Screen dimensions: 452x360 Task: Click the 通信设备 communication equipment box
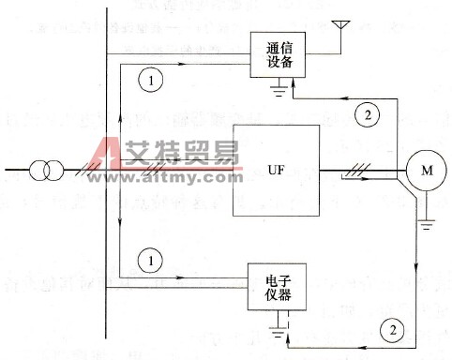pyautogui.click(x=280, y=52)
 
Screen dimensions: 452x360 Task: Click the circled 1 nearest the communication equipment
pyautogui.click(x=151, y=81)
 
